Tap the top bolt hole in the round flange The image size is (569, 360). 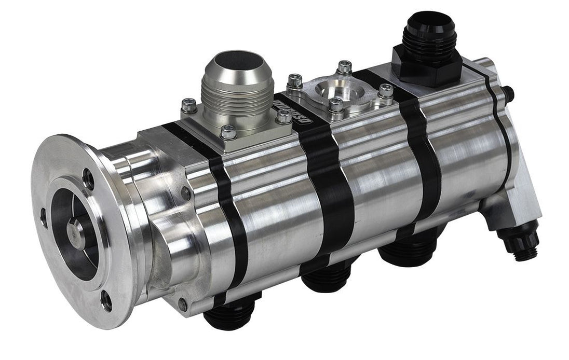(89, 179)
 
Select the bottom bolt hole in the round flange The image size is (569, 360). (106, 301)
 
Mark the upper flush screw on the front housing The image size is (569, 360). (185, 194)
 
